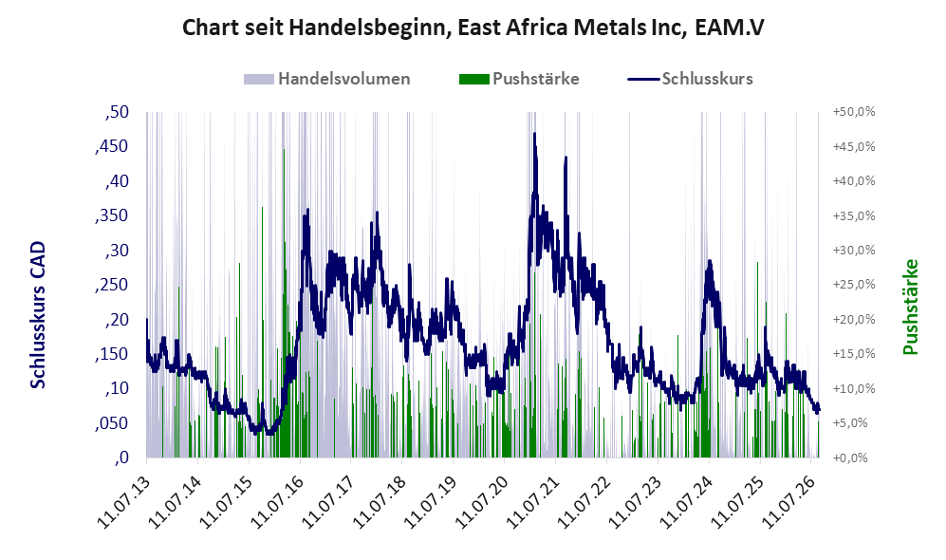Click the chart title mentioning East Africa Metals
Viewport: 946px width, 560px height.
473,28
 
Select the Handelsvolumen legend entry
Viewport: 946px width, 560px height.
327,79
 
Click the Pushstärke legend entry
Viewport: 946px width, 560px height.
519,79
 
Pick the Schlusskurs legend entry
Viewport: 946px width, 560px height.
690,79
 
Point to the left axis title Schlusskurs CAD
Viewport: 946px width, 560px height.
38,315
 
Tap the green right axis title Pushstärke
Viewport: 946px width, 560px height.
910,307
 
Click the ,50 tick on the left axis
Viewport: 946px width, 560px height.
117,112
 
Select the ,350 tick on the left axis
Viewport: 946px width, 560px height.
112,215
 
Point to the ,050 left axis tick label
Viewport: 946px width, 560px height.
112,423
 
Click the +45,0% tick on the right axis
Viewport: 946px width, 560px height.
854,146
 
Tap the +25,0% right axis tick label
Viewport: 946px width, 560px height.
854,285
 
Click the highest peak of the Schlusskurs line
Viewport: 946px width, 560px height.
534,134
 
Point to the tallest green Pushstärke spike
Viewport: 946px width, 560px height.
284,150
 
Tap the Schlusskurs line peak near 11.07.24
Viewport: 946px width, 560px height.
710,261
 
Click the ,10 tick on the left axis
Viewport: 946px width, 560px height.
117,388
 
